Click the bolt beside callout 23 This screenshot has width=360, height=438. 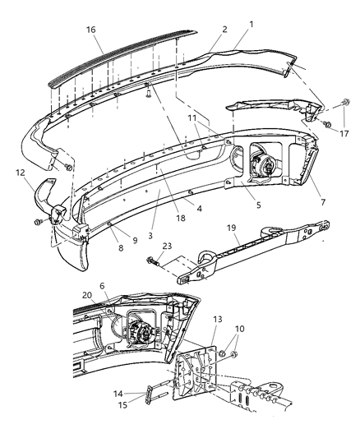153,263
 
